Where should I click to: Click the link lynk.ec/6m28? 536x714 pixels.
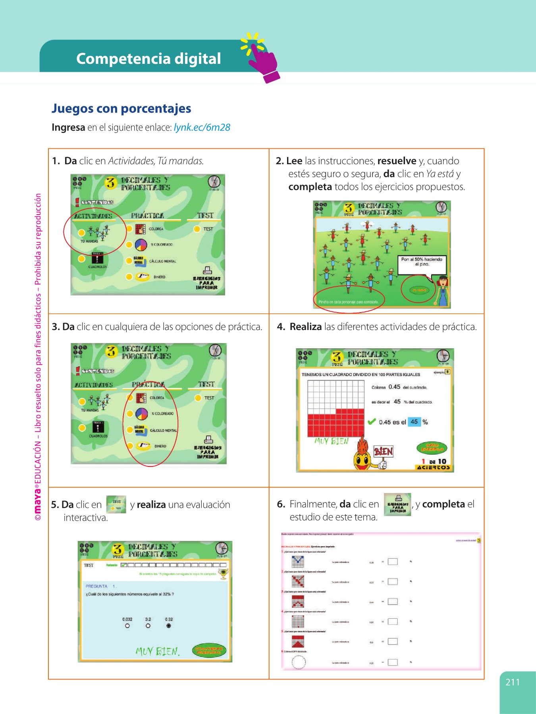(202, 127)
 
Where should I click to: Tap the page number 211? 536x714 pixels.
(513, 682)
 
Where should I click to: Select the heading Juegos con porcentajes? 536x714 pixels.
(121, 108)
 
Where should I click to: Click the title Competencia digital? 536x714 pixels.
(148, 59)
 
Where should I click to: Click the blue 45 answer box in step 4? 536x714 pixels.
(414, 422)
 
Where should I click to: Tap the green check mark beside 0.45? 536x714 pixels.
(372, 422)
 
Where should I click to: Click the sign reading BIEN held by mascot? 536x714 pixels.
(384, 451)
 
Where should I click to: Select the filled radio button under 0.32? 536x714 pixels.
(169, 626)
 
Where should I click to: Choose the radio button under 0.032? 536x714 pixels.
(127, 626)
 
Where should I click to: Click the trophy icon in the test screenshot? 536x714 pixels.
(224, 573)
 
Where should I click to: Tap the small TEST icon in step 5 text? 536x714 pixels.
(116, 504)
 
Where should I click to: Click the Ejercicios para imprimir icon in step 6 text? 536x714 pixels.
(397, 504)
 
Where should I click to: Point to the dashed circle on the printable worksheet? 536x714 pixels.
(299, 662)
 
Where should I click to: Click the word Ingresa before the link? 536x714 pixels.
(68, 127)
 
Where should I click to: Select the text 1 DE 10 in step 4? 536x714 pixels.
(434, 461)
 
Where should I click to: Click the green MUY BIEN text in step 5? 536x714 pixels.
(158, 651)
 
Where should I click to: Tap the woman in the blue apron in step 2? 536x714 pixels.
(442, 292)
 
